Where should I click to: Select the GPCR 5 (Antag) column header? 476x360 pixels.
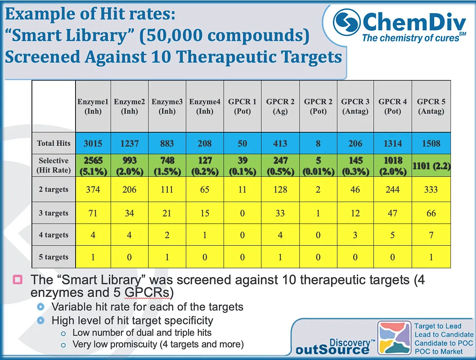click(431, 106)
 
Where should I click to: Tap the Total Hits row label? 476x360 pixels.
click(54, 143)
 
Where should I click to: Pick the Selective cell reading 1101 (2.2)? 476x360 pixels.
click(431, 166)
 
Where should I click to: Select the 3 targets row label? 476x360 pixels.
click(54, 213)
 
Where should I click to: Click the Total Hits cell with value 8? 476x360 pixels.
click(318, 143)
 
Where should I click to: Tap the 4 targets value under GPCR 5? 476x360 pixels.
click(431, 235)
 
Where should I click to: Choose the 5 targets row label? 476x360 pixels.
click(54, 257)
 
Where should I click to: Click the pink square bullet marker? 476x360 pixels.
click(18, 280)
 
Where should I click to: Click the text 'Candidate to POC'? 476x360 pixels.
click(443, 343)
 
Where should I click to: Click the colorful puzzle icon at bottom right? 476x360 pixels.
click(394, 337)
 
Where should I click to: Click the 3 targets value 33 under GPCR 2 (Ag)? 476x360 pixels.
click(280, 213)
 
